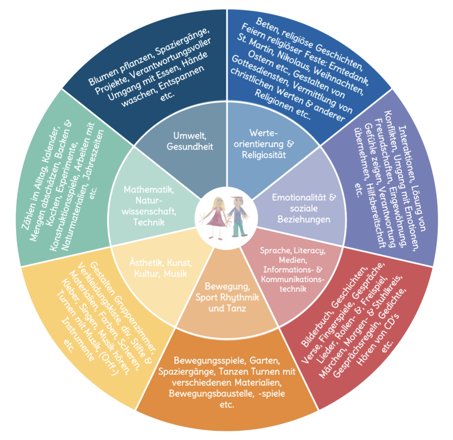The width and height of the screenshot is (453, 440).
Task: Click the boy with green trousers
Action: point(236,217)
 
